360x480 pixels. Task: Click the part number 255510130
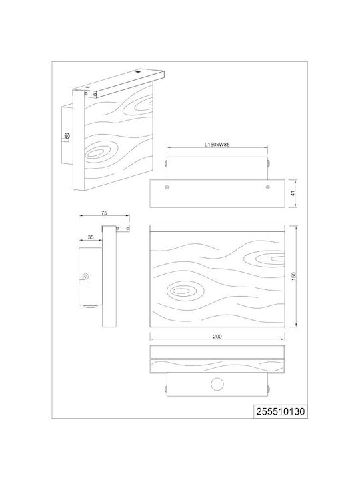281,411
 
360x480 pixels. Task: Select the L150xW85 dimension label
217,145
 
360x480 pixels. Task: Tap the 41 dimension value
293,193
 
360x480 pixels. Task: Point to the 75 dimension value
104,213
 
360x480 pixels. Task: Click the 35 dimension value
91,237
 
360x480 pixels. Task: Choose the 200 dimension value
217,337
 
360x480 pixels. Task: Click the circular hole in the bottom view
217,384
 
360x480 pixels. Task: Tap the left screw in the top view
167,187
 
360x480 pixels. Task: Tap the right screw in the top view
268,187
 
